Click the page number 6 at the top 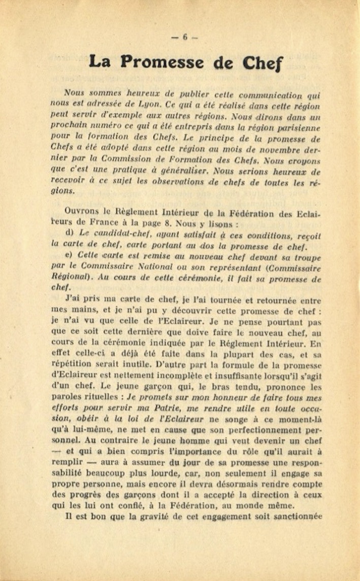[x=185, y=37]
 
